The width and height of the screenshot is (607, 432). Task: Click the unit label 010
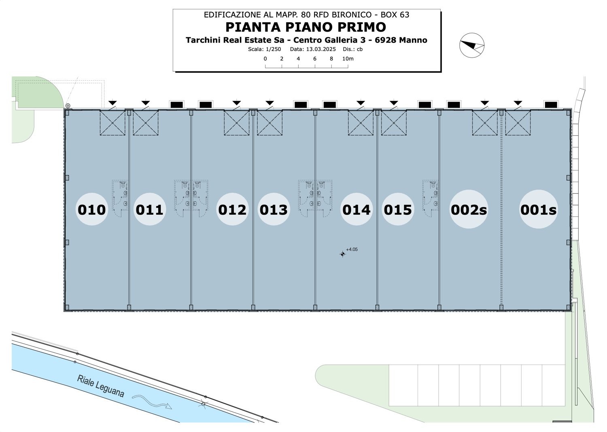click(92, 210)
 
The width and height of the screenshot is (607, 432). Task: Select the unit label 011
click(149, 210)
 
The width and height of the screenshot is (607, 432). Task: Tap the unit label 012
click(232, 210)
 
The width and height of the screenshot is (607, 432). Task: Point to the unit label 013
click(274, 210)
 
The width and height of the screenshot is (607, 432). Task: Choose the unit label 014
click(357, 210)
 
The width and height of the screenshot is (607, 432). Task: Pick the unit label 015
click(398, 210)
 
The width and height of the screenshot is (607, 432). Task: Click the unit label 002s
click(469, 210)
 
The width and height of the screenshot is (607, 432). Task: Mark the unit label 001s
click(538, 210)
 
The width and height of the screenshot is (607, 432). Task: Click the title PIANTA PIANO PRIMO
click(306, 27)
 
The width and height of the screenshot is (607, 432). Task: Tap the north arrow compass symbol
click(472, 45)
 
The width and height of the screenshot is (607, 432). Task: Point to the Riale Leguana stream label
click(101, 386)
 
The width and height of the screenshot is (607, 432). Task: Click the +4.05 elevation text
click(352, 249)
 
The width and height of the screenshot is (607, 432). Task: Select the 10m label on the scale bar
click(348, 58)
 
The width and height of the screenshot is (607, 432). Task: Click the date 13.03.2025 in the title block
click(321, 49)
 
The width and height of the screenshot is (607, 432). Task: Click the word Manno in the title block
click(413, 40)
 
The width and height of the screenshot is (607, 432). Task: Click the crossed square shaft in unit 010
click(112, 122)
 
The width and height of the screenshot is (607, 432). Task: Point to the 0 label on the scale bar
click(265, 58)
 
